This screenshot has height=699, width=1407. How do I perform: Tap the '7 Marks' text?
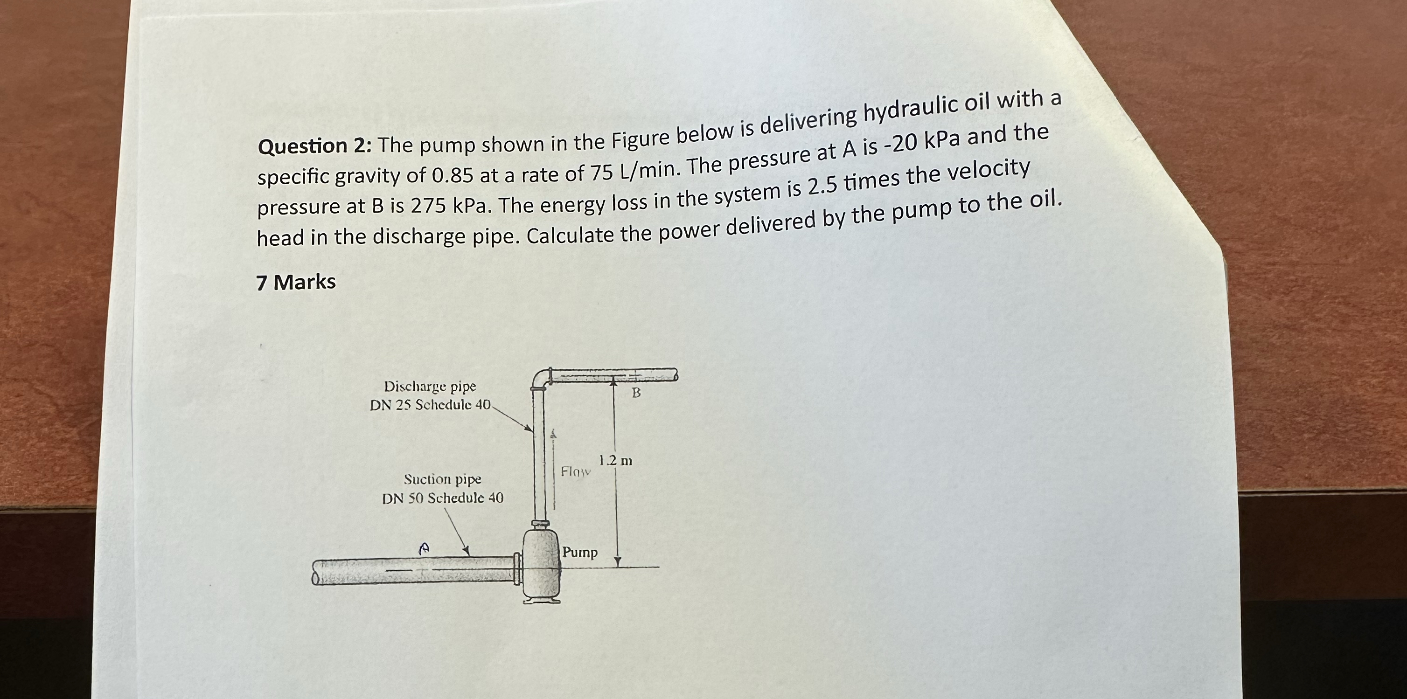click(296, 282)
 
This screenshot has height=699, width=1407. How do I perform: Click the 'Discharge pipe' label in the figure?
click(430, 387)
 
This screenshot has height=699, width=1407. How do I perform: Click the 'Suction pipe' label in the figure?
click(442, 479)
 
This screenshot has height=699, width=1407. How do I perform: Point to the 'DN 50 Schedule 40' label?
click(442, 498)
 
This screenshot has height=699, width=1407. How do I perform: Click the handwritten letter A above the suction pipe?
click(423, 548)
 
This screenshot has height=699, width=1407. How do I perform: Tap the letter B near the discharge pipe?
click(636, 393)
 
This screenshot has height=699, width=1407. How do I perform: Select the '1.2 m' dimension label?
click(616, 460)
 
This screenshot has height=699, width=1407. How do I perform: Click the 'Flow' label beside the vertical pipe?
click(576, 471)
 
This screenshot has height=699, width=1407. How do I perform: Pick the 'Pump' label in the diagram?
click(580, 552)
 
